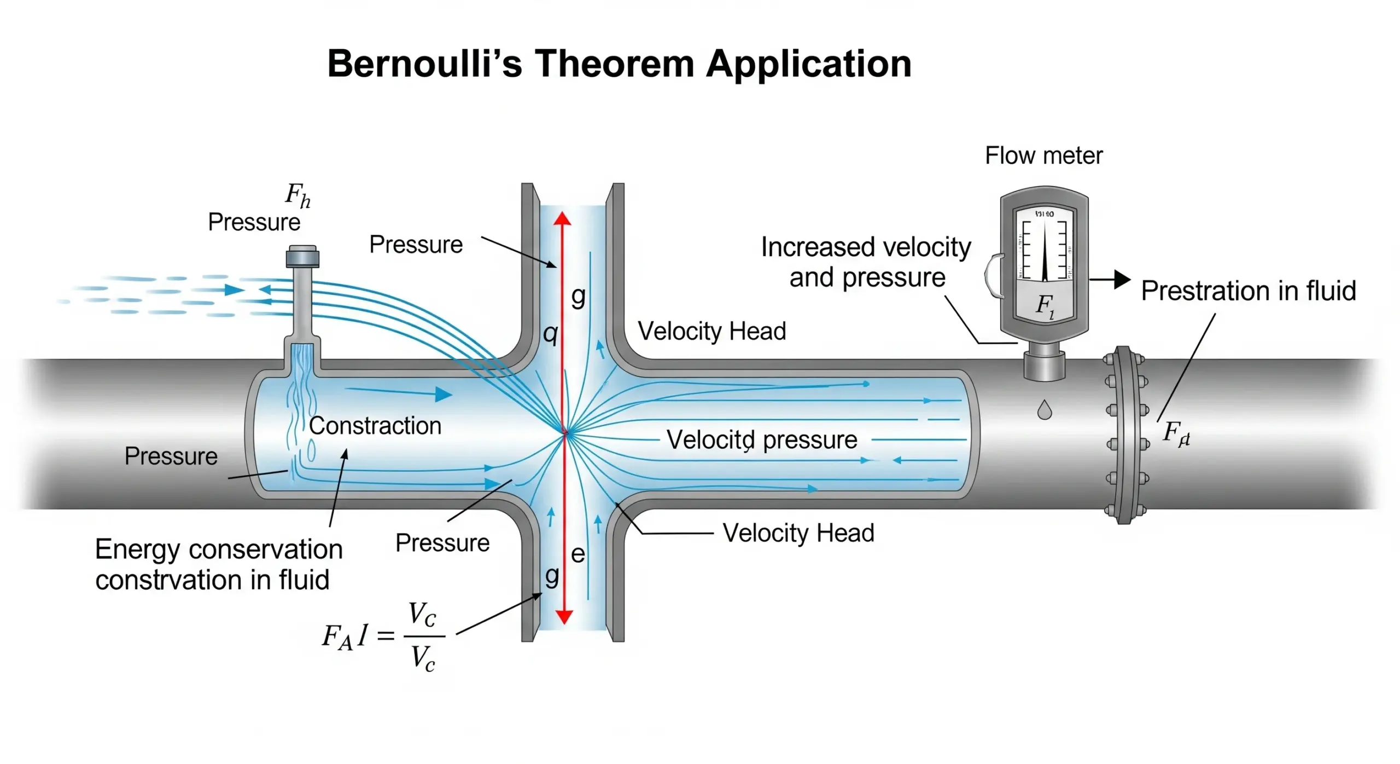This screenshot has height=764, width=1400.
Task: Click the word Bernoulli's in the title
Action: [x=424, y=64]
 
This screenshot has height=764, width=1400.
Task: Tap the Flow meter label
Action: [x=1043, y=156]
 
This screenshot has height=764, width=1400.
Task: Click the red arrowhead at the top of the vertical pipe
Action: [x=562, y=219]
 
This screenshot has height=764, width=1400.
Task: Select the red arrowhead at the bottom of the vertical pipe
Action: [x=564, y=617]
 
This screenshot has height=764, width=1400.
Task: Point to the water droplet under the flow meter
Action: [x=1045, y=410]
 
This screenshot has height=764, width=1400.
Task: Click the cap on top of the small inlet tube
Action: [x=302, y=256]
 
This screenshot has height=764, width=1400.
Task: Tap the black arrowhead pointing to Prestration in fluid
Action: [x=1122, y=280]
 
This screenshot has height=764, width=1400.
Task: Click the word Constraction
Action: [x=375, y=426]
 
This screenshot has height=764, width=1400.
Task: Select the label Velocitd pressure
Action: [x=762, y=439]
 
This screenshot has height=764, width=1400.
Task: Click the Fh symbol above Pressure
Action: [x=297, y=195]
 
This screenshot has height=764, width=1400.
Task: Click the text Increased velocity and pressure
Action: [x=866, y=263]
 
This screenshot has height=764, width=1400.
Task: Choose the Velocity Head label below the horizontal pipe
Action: [x=798, y=533]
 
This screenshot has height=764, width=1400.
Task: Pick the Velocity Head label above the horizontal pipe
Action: [x=711, y=331]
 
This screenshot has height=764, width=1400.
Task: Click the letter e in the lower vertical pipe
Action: [x=578, y=554]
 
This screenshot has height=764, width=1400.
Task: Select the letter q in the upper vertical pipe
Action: [x=550, y=333]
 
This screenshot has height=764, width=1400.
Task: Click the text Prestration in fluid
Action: [x=1249, y=291]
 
